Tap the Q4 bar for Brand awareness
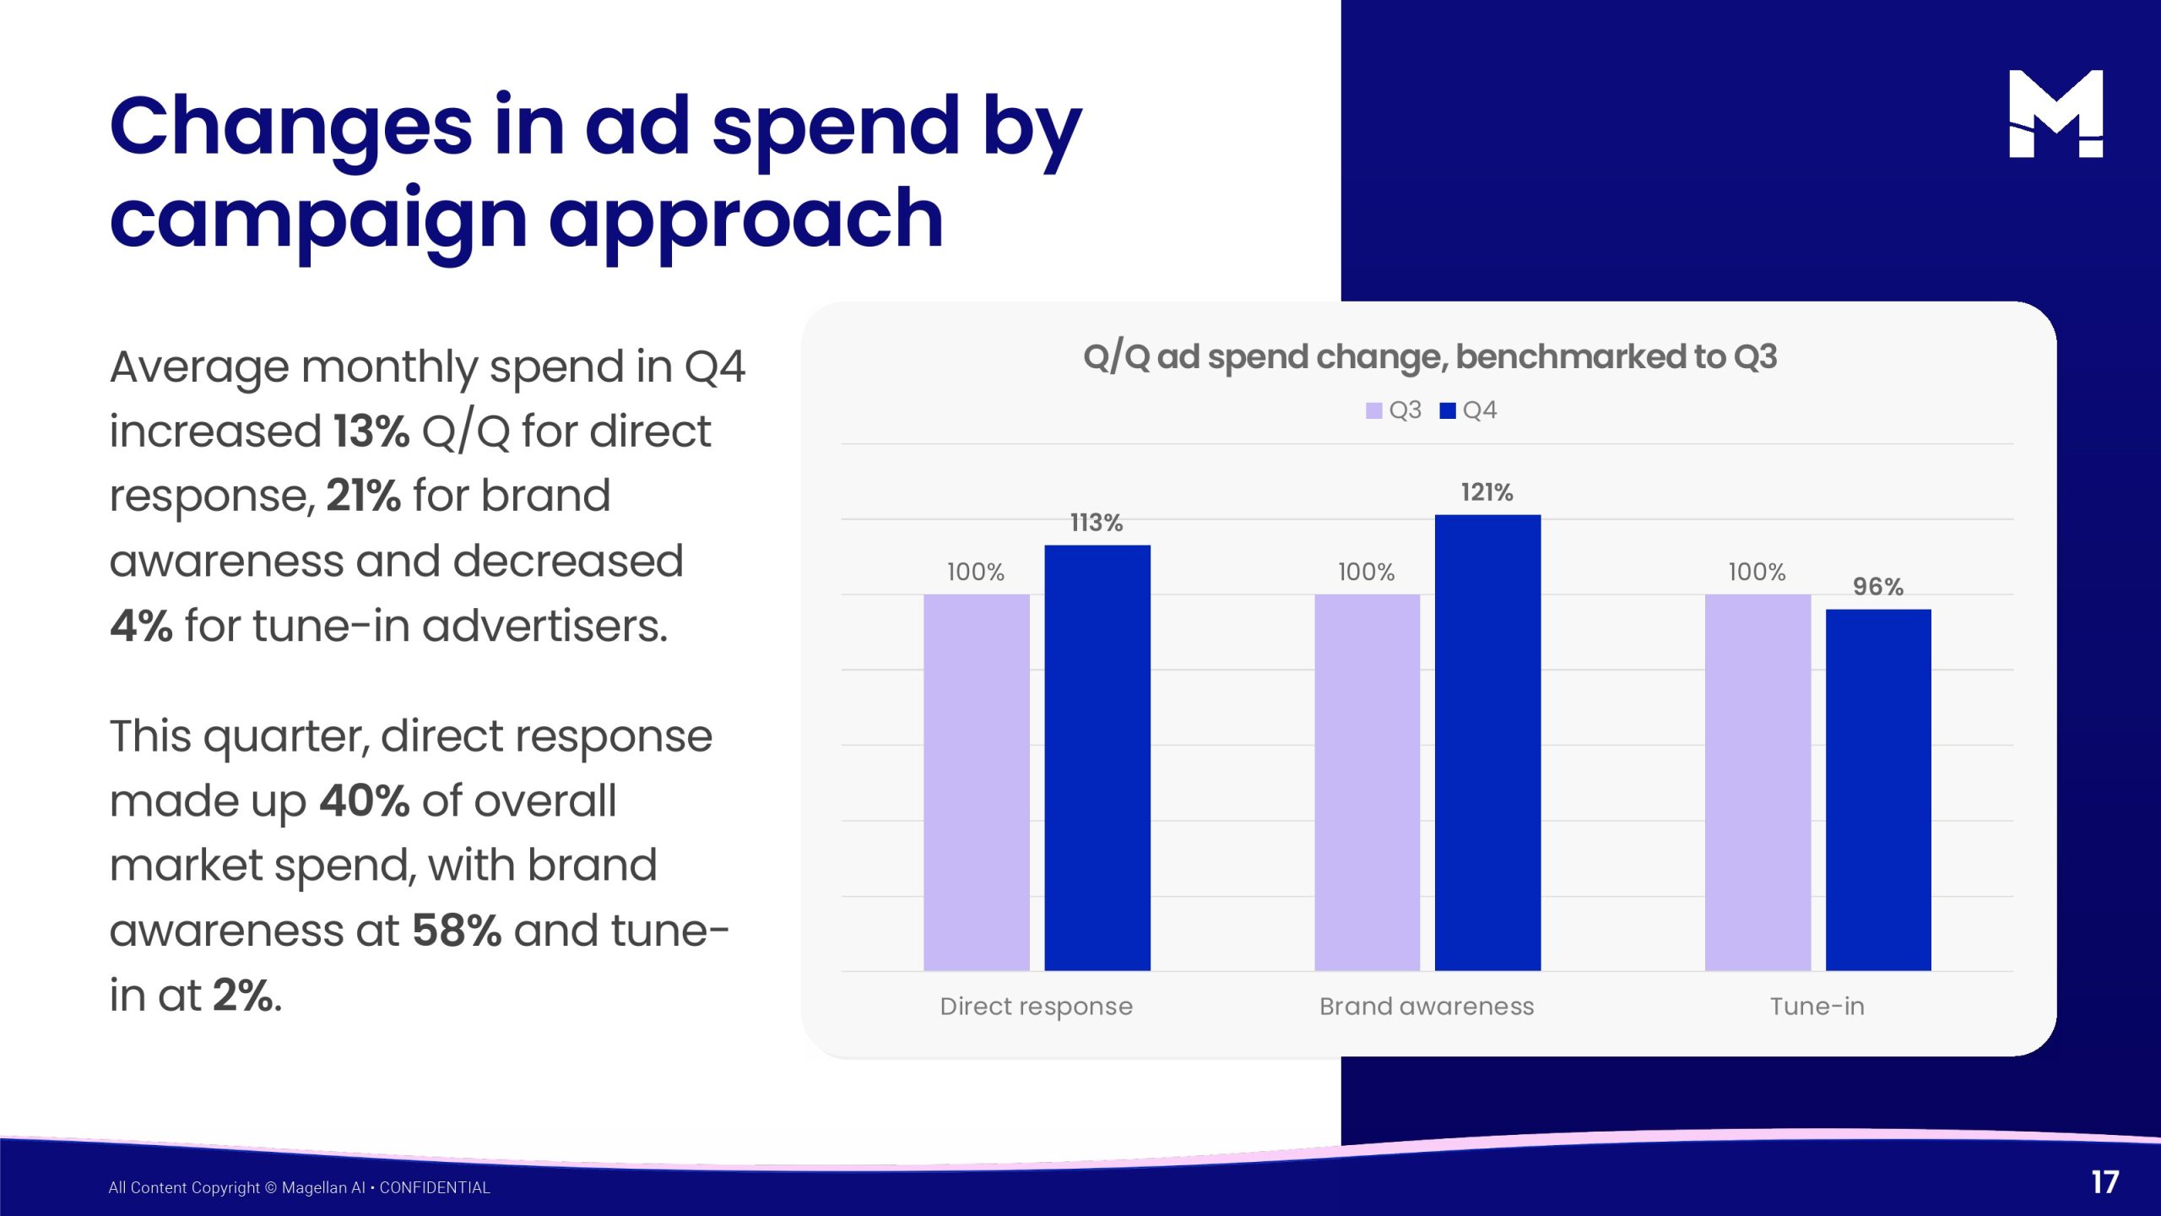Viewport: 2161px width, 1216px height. click(1487, 742)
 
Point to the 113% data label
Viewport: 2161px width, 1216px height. click(1097, 523)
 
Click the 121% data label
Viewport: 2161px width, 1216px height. click(1487, 492)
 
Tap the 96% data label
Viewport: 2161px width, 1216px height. click(1878, 586)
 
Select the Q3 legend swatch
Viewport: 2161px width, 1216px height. click(1373, 410)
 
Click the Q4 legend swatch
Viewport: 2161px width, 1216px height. click(1448, 410)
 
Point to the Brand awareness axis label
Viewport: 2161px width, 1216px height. click(1427, 1006)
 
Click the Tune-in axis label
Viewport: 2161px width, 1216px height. click(1817, 1006)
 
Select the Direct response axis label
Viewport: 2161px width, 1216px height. click(1036, 1006)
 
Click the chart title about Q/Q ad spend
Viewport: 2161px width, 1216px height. click(1430, 357)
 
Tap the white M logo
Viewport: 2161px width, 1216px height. click(2055, 114)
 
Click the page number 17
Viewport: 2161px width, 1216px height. click(2105, 1182)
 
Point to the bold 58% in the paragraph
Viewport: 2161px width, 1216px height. click(457, 931)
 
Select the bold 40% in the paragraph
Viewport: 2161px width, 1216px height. click(365, 801)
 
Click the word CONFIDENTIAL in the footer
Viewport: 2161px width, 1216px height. click(435, 1187)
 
